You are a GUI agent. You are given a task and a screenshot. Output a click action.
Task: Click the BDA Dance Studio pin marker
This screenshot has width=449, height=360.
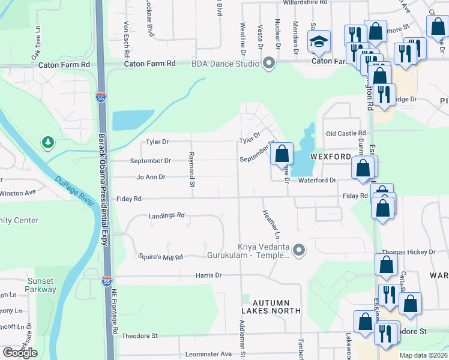coord(268,63)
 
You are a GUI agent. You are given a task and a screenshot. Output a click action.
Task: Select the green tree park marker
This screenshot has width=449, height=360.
coord(47,142)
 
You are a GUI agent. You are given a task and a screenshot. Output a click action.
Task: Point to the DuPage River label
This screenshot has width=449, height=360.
coord(75,191)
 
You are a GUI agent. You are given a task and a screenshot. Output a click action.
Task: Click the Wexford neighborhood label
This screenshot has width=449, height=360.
coord(330,156)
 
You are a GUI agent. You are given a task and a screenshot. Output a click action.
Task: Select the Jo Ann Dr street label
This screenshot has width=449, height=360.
coord(151,177)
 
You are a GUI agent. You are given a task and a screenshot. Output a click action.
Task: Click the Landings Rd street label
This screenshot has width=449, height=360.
coord(167,215)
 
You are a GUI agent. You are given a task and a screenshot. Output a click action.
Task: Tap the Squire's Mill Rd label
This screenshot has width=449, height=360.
coord(160,256)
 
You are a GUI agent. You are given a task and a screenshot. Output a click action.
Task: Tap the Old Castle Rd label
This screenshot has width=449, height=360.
coord(345,133)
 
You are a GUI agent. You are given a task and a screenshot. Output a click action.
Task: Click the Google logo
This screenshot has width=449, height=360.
coord(19,353)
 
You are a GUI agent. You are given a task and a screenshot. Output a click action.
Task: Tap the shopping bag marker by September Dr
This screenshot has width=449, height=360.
coord(282,154)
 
